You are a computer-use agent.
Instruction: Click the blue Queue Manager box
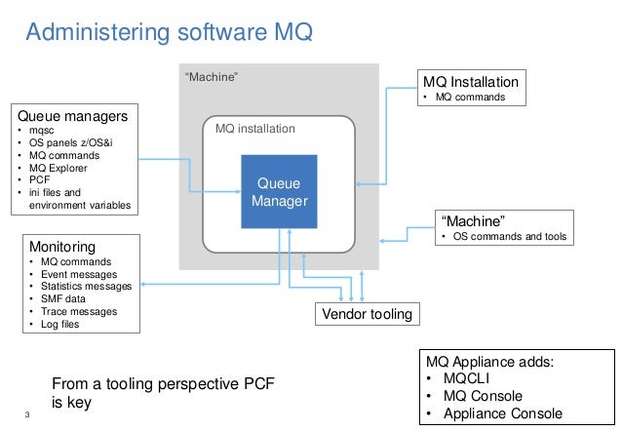tap(280, 192)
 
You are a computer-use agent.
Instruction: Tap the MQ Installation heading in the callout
tap(470, 82)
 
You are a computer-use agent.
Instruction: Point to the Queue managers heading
tap(66, 116)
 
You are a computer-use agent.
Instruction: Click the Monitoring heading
tap(61, 248)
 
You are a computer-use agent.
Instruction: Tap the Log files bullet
tap(59, 325)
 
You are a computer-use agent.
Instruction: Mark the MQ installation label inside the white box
tap(254, 128)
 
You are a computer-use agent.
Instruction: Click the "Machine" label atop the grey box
tap(212, 76)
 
